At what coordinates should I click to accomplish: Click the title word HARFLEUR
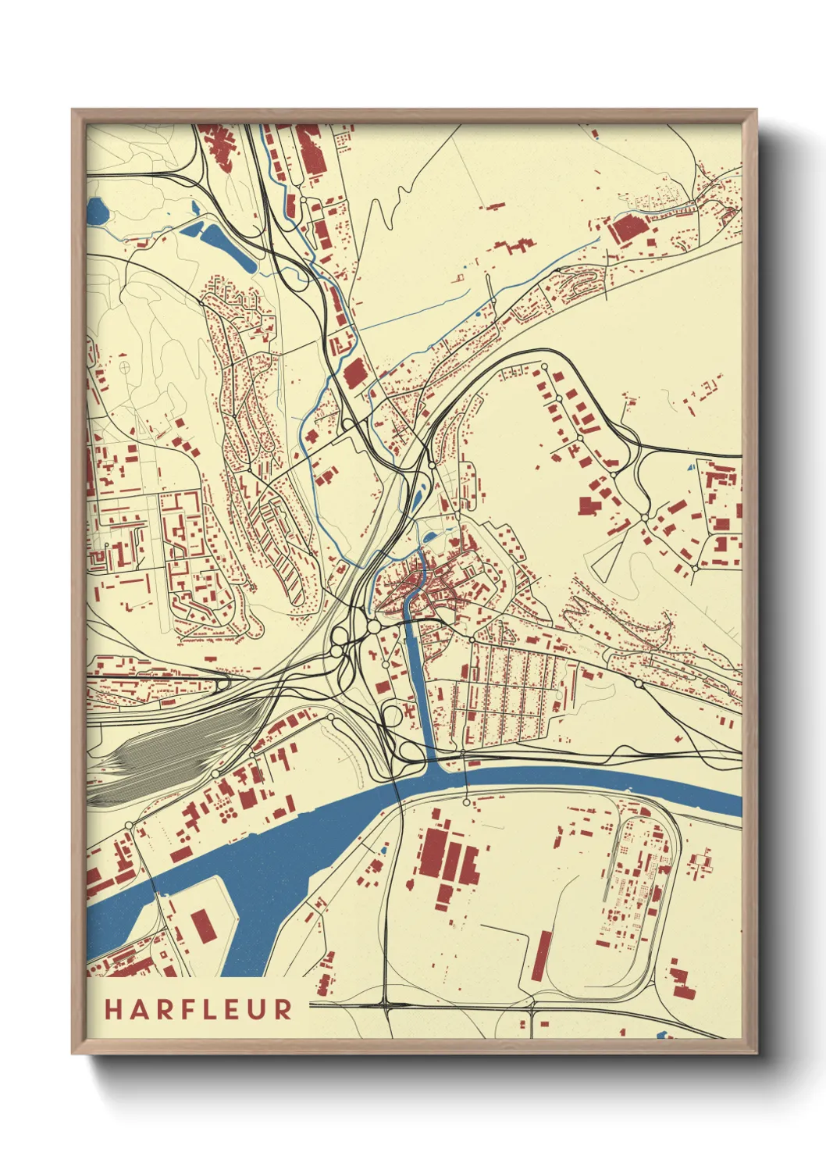pyautogui.click(x=198, y=1008)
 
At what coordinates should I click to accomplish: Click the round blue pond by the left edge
pyautogui.click(x=98, y=209)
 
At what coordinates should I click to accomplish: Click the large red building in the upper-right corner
pyautogui.click(x=628, y=229)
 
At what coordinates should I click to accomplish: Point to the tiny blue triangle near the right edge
pyautogui.click(x=690, y=468)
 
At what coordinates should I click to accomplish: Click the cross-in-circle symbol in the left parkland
pyautogui.click(x=124, y=365)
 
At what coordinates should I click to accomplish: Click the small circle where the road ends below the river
pyautogui.click(x=466, y=802)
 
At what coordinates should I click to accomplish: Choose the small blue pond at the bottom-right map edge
pyautogui.click(x=663, y=1035)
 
